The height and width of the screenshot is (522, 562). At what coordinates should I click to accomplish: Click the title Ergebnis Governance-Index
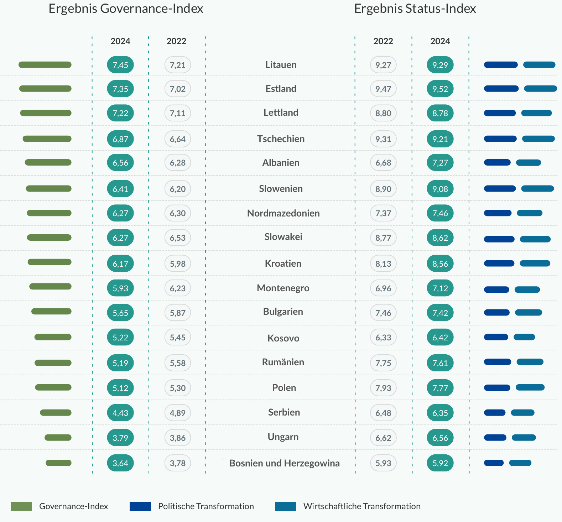coord(126,9)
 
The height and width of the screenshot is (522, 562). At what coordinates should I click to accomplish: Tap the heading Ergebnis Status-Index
coord(415,9)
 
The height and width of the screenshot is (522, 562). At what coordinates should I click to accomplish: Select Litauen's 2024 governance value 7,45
coord(120,65)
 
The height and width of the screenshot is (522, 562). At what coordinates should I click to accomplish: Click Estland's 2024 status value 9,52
coord(440,89)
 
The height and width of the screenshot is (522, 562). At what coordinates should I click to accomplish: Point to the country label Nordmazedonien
coord(283,213)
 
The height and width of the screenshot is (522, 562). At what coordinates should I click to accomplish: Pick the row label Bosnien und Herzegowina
coord(284,463)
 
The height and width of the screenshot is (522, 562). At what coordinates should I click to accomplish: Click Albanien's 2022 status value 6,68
coord(383,163)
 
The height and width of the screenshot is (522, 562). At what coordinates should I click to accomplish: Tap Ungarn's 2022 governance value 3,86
coord(178,438)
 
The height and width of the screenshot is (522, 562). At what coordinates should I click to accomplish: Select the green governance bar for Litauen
coord(45,65)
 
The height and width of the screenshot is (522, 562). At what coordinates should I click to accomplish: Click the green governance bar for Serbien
coord(56,413)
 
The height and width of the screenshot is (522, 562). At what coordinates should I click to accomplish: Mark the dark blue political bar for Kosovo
coord(496,337)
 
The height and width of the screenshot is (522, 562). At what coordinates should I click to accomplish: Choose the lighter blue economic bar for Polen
coord(530,387)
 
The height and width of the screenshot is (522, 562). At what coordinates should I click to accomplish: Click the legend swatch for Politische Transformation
coord(140,506)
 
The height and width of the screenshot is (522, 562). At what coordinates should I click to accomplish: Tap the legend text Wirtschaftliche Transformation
coord(362,506)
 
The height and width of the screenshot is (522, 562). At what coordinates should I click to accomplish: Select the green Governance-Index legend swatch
coord(21,506)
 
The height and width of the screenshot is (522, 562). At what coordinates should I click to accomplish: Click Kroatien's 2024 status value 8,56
coord(440,263)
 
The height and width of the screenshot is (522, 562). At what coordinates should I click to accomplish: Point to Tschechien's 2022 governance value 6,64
coord(178,139)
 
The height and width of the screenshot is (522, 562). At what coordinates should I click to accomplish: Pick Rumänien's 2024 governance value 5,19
coord(120,363)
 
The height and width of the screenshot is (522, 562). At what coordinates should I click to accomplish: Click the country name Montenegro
coord(283,288)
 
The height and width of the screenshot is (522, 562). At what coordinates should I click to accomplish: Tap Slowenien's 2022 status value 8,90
coord(383,189)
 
